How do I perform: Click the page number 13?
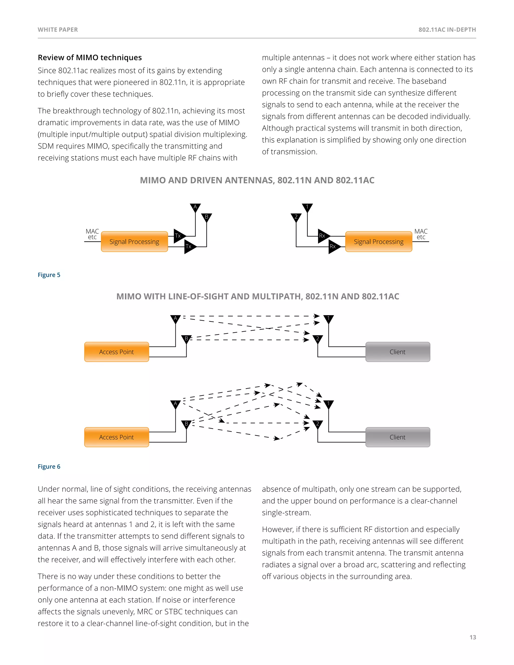pos(473,637)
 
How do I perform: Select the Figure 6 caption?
pos(49,467)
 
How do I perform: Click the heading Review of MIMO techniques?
pos(90,57)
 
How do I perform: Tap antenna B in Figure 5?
pos(207,217)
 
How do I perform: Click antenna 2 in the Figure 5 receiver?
pos(296,217)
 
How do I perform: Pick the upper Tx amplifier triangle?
pos(179,236)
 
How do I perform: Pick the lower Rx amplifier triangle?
pos(334,246)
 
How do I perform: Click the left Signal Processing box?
pos(134,242)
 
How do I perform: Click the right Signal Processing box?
pos(378,242)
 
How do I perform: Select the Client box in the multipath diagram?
pos(398,437)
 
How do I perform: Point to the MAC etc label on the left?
pos(92,234)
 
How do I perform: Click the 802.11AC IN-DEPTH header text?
pos(447,30)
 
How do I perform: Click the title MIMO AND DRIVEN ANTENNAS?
pos(257,180)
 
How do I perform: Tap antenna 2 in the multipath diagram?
pos(317,424)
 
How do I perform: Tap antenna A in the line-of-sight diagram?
pos(175,319)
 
